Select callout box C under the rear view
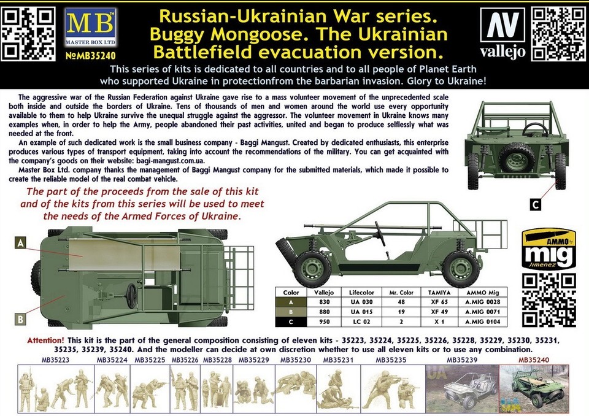[x=536, y=204]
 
